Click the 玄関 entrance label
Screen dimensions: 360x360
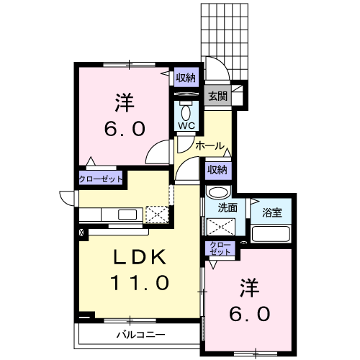[x=217, y=96]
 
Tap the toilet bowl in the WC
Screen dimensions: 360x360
[x=186, y=113]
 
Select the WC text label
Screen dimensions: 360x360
[x=186, y=125]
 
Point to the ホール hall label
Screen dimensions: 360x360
[x=210, y=145]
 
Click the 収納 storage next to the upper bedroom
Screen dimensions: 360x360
[x=186, y=77]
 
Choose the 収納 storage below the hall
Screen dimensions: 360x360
[x=217, y=170]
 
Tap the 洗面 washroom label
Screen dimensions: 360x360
[x=228, y=208]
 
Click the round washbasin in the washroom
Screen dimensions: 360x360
[x=218, y=192]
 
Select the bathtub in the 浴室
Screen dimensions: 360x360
[x=271, y=233]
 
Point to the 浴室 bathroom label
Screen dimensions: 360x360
[x=272, y=212]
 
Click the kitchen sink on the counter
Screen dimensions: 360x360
[x=127, y=215]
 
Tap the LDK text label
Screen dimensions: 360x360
[x=140, y=257]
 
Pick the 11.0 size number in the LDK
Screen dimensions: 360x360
[x=140, y=283]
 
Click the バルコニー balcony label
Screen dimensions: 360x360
[x=141, y=335]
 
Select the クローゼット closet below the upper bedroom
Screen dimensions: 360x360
[x=101, y=179]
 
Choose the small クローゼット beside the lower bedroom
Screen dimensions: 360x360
[x=220, y=248]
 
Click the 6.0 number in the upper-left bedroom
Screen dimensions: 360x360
[x=125, y=128]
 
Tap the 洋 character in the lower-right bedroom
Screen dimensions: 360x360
[x=250, y=288]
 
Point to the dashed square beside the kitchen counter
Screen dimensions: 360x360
[x=157, y=215]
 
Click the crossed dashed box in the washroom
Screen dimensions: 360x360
[x=221, y=226]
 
